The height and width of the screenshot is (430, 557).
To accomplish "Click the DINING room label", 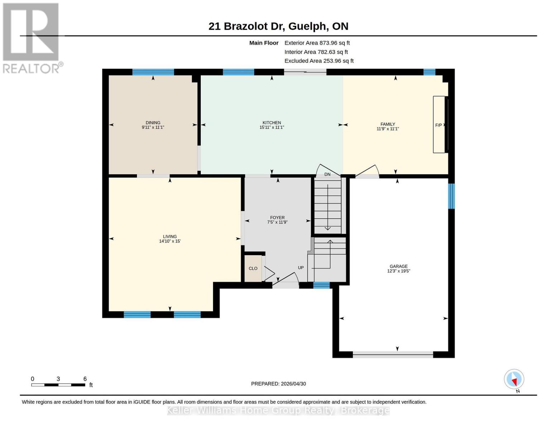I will coord(153,123).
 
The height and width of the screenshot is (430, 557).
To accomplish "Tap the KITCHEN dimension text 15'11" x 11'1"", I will coord(272,128).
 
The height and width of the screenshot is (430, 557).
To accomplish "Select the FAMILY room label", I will coord(387,124).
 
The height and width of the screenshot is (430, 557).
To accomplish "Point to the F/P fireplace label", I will coord(438,125).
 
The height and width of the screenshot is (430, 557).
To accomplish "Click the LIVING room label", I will coord(170,236).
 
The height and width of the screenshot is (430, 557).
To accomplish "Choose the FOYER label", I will coord(277,218).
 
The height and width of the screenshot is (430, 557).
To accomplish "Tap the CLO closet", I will coord(253,268).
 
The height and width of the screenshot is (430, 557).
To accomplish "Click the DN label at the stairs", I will coord(327,175).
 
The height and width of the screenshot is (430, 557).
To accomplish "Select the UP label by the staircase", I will coord(301,268).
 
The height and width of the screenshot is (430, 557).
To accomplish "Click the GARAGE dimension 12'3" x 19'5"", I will coord(399,271).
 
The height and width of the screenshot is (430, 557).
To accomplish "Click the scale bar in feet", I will coord(58,385).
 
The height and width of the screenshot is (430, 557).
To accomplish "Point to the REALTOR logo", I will coord(32,38).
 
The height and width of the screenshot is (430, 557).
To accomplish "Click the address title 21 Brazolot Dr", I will coord(278,26).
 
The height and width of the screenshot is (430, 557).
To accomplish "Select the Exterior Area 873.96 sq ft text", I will coord(317,43).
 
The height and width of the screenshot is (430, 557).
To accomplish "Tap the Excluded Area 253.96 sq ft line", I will coord(319,61).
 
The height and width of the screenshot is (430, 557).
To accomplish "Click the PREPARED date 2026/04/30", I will coord(278,384).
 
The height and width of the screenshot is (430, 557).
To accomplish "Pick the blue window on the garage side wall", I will coord(452,196).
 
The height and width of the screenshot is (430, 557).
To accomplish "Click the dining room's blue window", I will coord(153,72).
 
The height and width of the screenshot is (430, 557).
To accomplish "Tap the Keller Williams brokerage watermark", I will coord(278,410).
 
